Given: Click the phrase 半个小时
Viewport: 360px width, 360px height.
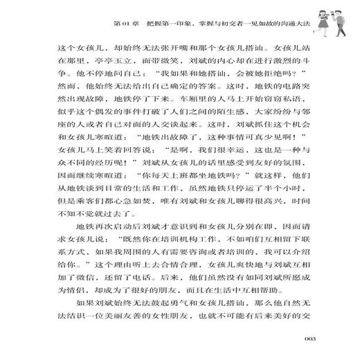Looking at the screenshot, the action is (291, 228).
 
